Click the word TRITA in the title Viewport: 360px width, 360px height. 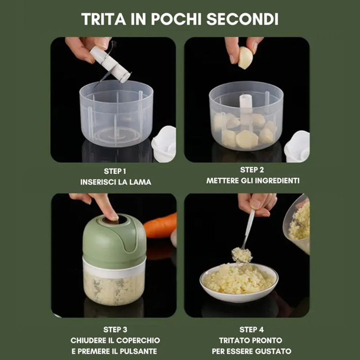tap(103, 19)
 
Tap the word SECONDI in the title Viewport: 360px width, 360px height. tap(243, 19)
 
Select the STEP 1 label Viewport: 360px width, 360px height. tap(115, 171)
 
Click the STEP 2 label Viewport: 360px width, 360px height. tap(252, 170)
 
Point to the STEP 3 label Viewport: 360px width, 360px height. tap(115, 330)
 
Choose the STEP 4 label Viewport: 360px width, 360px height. tap(252, 330)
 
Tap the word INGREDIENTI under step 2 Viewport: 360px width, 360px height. tap(277, 181)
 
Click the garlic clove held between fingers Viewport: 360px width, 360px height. tap(245, 58)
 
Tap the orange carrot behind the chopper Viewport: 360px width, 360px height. tap(160, 225)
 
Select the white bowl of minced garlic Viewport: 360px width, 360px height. tap(239, 283)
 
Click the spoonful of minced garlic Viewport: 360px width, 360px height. tap(242, 255)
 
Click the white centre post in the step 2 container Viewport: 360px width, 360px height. tap(246, 110)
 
